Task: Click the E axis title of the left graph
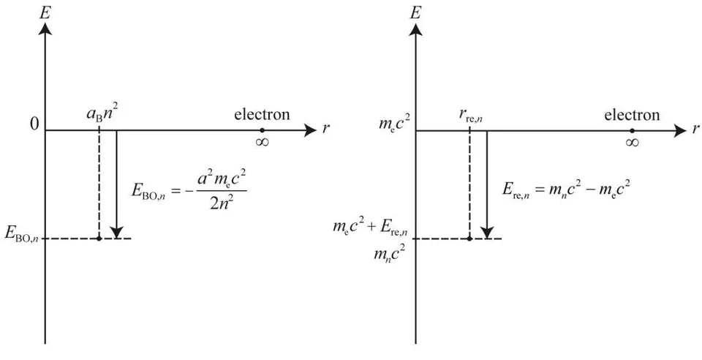(45, 12)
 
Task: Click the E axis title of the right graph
(415, 12)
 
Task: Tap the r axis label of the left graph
(325, 130)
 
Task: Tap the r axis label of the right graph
(695, 130)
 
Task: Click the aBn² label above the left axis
(103, 116)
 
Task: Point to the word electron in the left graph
(262, 115)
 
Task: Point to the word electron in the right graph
(632, 115)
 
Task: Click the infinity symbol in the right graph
(632, 143)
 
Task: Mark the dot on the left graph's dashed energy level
(99, 239)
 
